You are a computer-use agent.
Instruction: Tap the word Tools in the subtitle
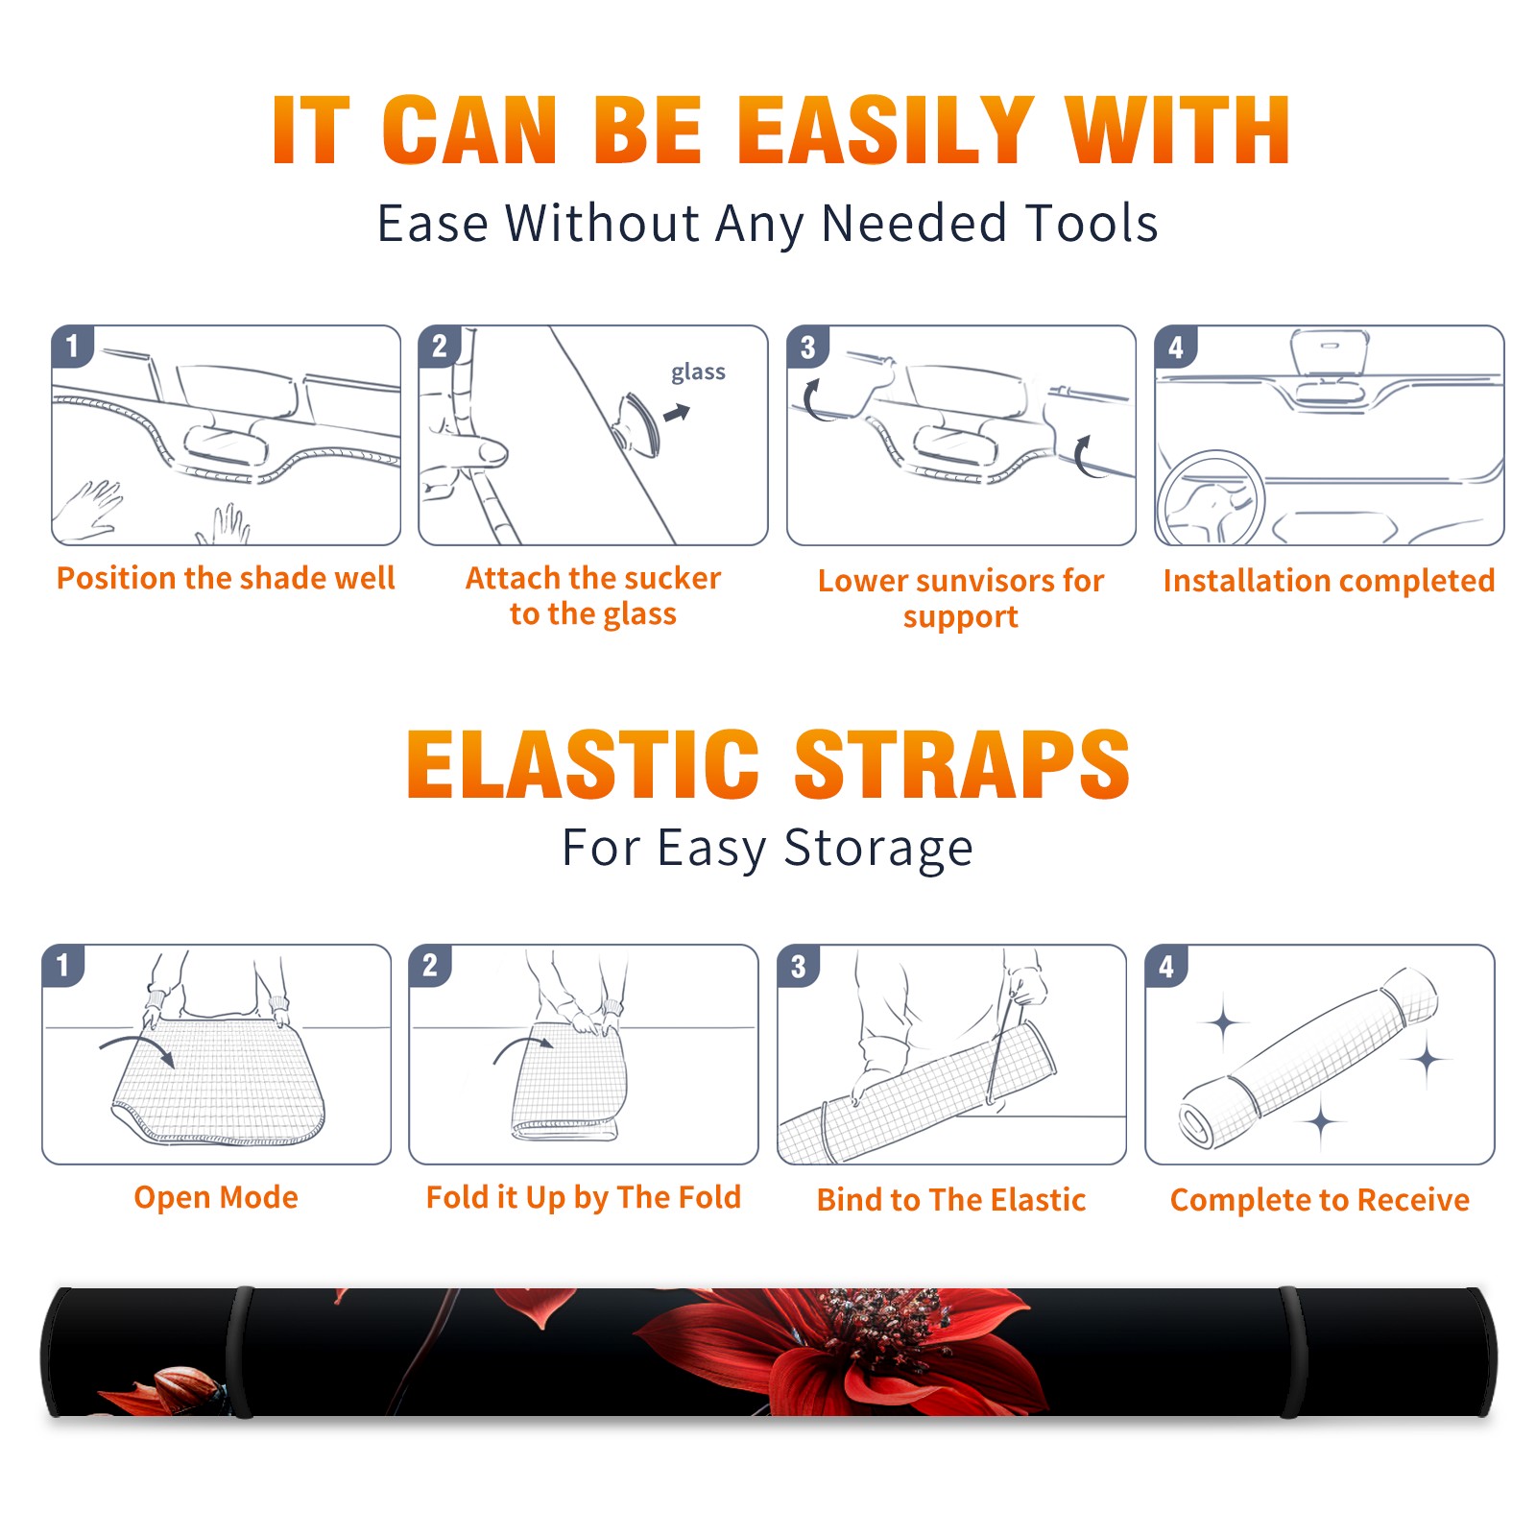[1092, 223]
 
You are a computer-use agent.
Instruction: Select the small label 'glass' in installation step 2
[698, 372]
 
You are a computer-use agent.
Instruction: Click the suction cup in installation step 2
[637, 423]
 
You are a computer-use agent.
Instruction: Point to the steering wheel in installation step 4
[1212, 498]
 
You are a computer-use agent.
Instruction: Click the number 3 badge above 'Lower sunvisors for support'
[807, 347]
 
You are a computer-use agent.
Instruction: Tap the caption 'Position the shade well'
[226, 578]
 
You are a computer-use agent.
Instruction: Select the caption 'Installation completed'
[1329, 581]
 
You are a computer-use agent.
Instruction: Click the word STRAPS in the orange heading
[962, 764]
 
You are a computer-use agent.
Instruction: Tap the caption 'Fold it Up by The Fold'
[584, 1198]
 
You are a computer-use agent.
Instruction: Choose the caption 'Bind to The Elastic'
[951, 1200]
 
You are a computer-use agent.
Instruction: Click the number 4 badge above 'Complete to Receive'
[1166, 966]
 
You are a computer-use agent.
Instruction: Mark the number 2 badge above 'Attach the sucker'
[440, 347]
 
